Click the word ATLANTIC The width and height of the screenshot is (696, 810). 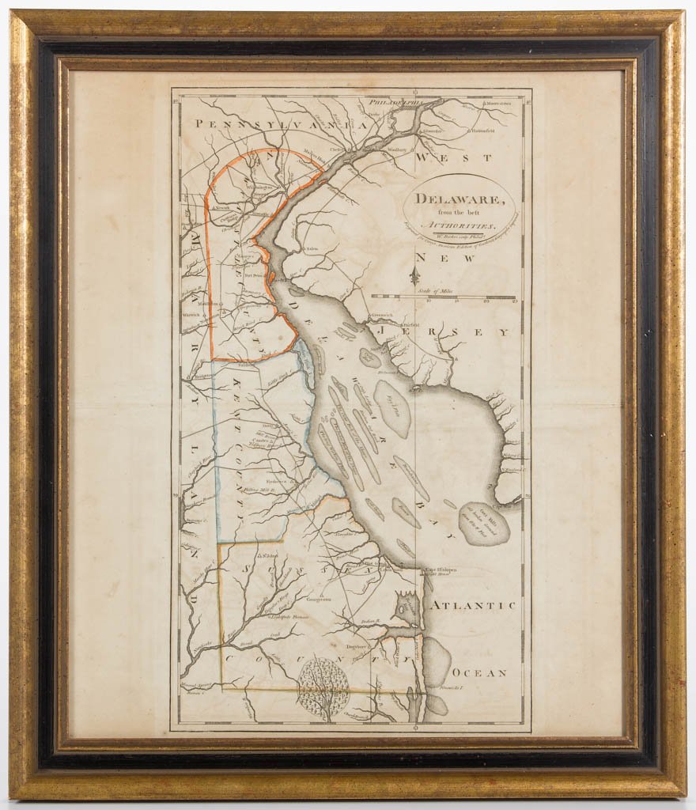[x=472, y=605]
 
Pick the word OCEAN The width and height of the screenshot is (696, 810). [x=479, y=673]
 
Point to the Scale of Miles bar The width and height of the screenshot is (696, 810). [x=443, y=297]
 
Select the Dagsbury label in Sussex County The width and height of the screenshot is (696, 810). [x=357, y=646]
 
